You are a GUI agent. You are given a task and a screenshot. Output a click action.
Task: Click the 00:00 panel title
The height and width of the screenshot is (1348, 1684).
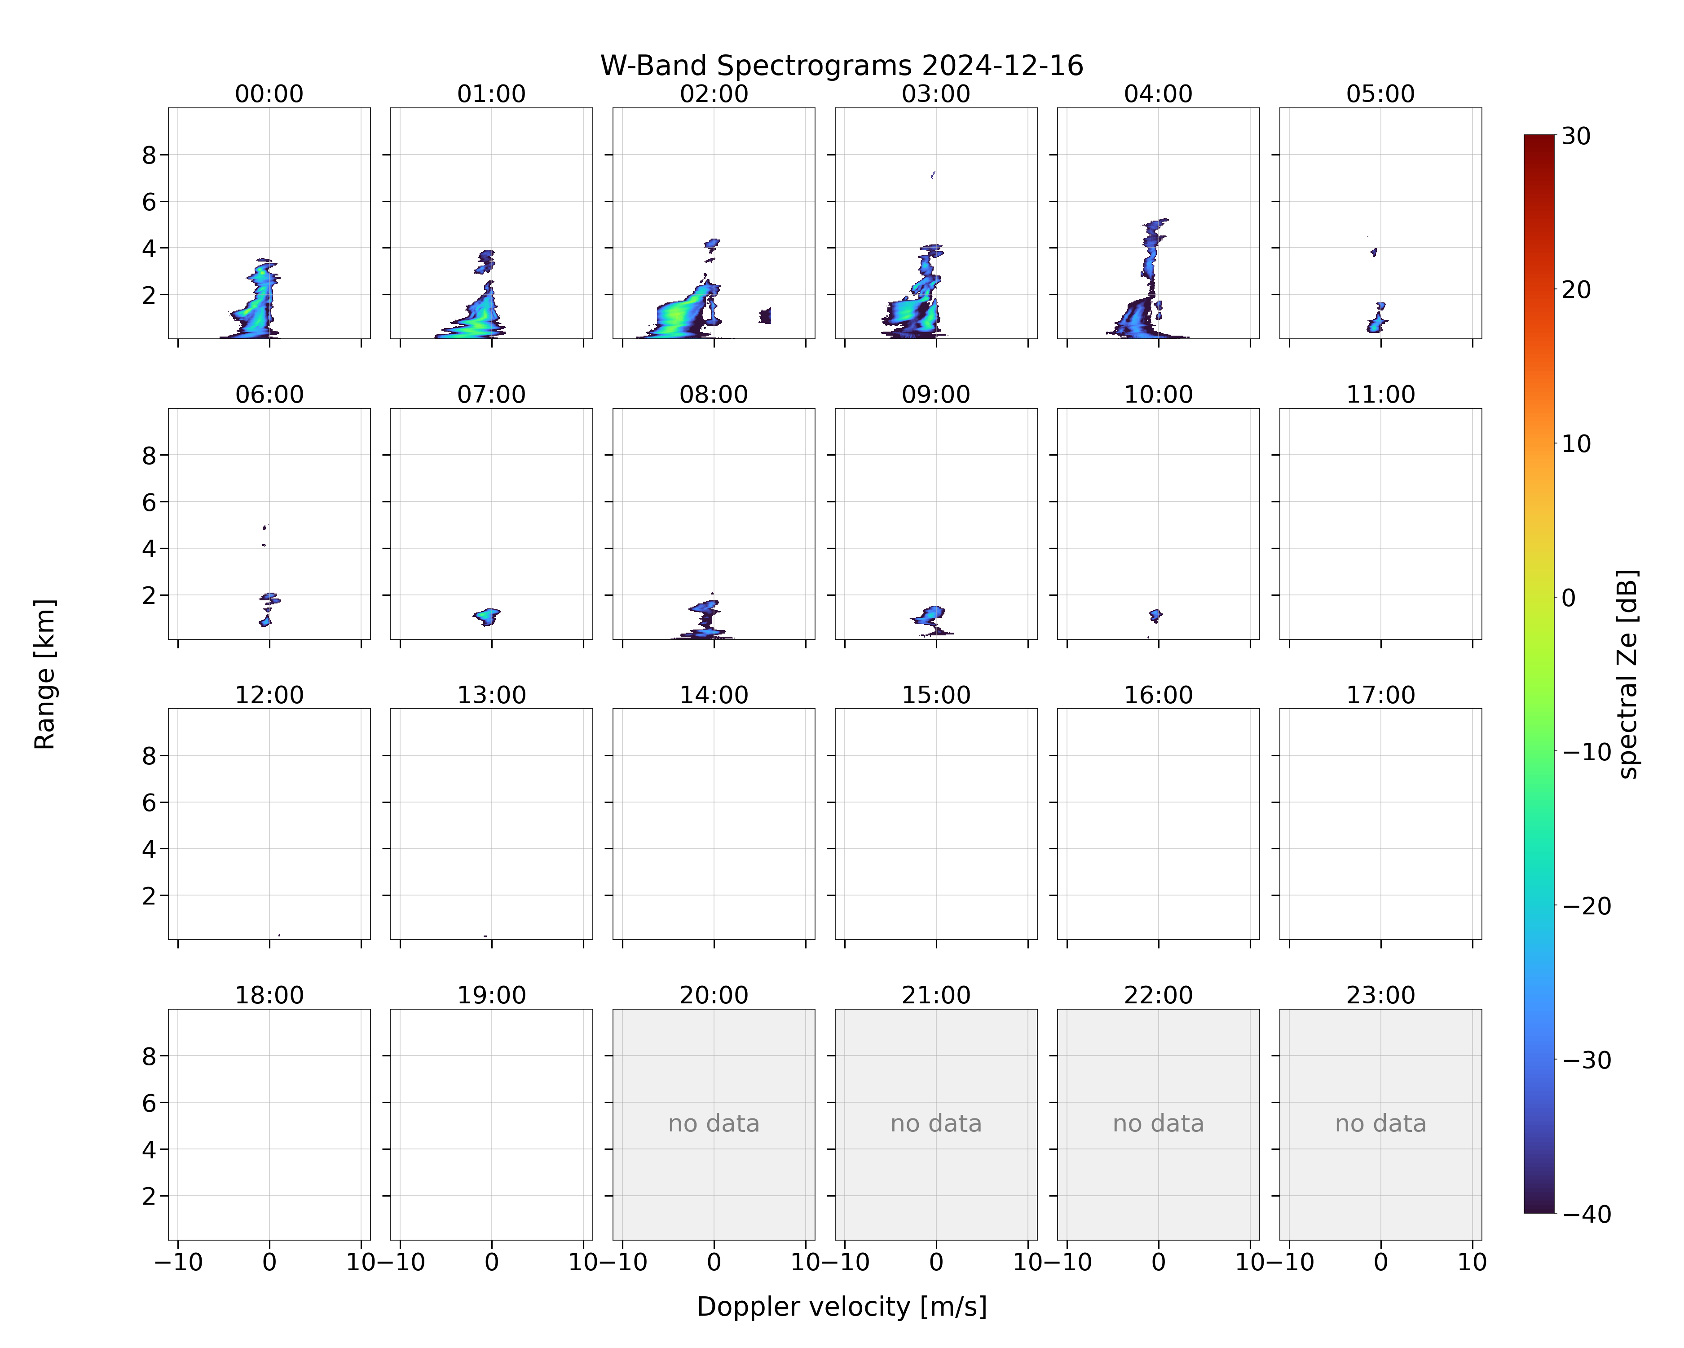click(269, 94)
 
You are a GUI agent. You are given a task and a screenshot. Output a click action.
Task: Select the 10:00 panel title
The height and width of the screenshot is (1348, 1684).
click(1158, 395)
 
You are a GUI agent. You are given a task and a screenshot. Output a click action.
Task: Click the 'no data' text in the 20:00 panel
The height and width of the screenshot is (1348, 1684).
click(714, 1124)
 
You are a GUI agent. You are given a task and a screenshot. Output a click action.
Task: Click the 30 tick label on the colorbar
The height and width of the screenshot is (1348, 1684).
click(1576, 136)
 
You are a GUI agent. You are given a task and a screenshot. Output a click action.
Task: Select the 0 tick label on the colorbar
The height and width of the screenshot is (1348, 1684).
click(1569, 598)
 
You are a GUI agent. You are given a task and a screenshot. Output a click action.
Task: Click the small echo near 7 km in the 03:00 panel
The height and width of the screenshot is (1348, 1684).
click(933, 175)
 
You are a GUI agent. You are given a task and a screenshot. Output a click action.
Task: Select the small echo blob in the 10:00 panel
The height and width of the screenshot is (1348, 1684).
click(1155, 616)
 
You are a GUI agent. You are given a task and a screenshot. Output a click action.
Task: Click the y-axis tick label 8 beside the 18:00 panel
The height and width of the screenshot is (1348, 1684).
click(149, 1056)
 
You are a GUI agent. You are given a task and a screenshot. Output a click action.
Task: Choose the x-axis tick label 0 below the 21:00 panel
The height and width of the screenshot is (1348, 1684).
click(936, 1262)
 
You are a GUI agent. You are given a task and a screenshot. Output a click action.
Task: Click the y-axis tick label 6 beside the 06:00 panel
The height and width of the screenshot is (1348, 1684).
click(149, 502)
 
